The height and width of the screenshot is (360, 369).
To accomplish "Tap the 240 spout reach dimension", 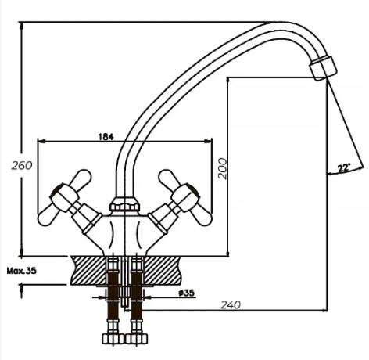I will (x=229, y=304).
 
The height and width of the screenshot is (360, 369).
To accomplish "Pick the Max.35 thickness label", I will (x=22, y=270).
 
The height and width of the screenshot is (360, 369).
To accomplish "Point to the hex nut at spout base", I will (x=120, y=206).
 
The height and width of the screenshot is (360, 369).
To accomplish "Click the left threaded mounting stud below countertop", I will (x=111, y=301).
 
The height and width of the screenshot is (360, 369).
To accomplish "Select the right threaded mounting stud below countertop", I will (x=138, y=301).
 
